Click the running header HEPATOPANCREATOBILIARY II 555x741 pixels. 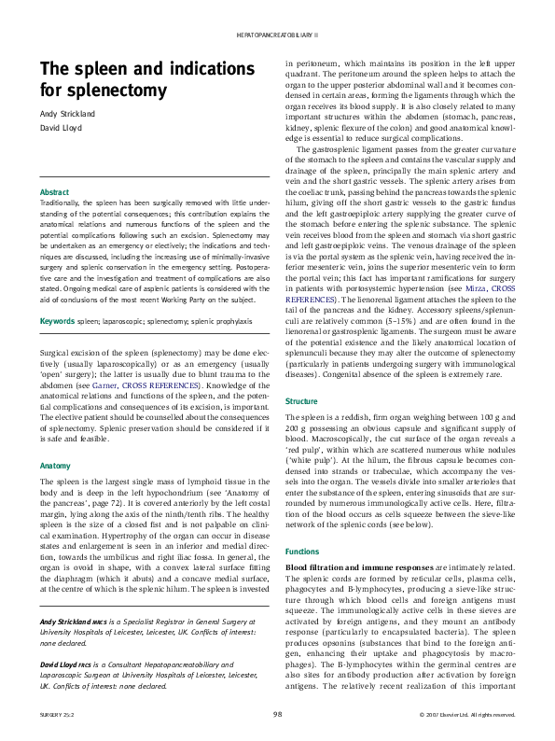pyautogui.click(x=277, y=35)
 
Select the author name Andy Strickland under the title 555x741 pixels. pyautogui.click(x=67, y=114)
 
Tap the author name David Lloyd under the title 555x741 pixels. pyautogui.click(x=61, y=128)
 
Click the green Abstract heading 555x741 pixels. pyautogui.click(x=54, y=192)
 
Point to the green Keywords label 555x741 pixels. pyautogui.click(x=57, y=321)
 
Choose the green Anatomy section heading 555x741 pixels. pyautogui.click(x=55, y=466)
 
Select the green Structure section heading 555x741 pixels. pyautogui.click(x=301, y=401)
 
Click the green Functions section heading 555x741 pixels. pyautogui.click(x=302, y=552)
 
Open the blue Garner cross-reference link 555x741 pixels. pyautogui.click(x=104, y=385)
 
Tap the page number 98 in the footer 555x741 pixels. pyautogui.click(x=277, y=714)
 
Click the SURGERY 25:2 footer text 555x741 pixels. pyautogui.click(x=57, y=715)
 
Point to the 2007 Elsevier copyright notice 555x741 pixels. pyautogui.click(x=467, y=715)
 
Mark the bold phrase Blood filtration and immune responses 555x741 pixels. pyautogui.click(x=359, y=567)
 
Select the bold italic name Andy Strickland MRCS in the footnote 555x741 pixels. pyautogui.click(x=74, y=622)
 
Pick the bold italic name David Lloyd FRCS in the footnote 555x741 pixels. pyautogui.click(x=66, y=664)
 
